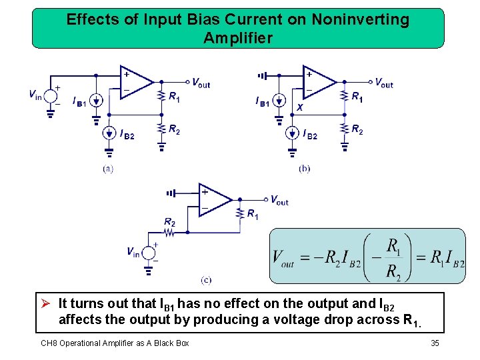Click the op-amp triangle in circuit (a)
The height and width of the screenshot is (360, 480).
[135, 82]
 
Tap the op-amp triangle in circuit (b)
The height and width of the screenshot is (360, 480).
[318, 82]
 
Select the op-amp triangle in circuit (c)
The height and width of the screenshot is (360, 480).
[213, 199]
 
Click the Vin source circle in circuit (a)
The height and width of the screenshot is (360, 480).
[51, 95]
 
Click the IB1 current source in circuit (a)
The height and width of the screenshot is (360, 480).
[95, 101]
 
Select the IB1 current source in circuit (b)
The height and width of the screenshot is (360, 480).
[279, 101]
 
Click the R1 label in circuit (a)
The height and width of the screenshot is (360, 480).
[174, 97]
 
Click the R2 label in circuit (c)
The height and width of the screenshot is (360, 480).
[170, 221]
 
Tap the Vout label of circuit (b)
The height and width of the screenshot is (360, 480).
[384, 83]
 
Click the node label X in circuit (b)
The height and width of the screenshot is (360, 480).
[300, 107]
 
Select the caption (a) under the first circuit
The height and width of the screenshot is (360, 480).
[108, 169]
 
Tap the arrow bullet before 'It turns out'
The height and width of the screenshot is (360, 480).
[45, 304]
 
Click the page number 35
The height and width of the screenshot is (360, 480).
[435, 343]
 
